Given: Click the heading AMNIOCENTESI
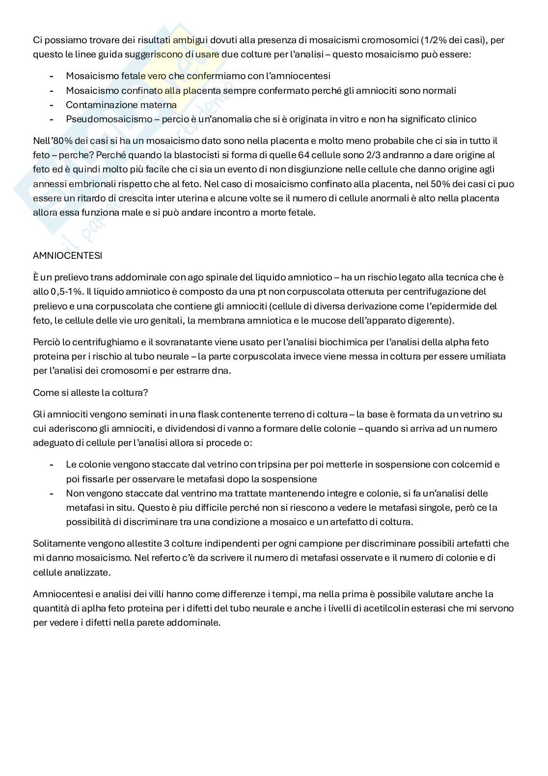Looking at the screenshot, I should (67, 256).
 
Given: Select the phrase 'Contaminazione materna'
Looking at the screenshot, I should (121, 105).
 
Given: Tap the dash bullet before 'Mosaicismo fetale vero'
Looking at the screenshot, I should (52, 76).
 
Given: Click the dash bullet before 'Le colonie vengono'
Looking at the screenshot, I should (52, 465).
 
